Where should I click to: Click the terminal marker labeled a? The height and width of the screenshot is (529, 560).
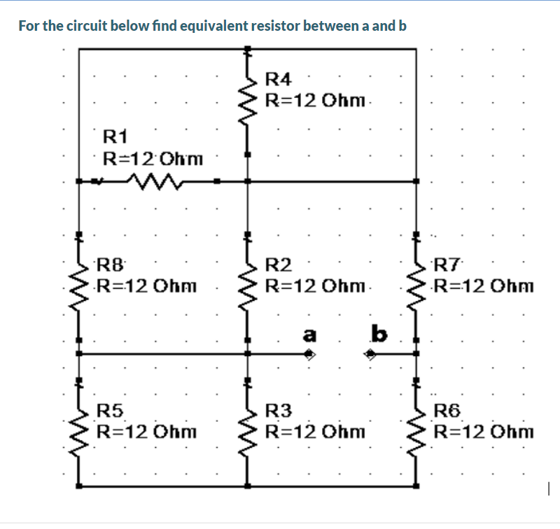(311, 355)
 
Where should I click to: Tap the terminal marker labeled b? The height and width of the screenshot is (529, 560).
(371, 355)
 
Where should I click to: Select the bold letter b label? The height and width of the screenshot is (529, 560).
(379, 334)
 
